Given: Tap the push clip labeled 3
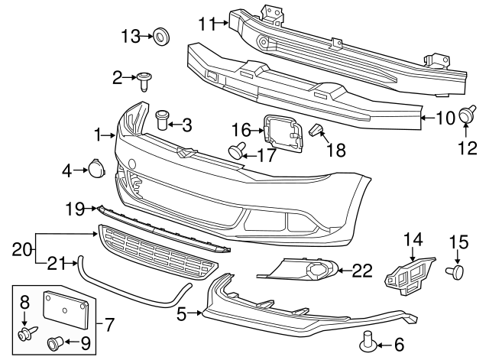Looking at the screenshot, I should (x=162, y=121).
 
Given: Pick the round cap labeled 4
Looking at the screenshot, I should (x=97, y=170).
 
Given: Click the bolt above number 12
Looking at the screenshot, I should (x=464, y=115).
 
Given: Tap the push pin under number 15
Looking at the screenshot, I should (x=457, y=271).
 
